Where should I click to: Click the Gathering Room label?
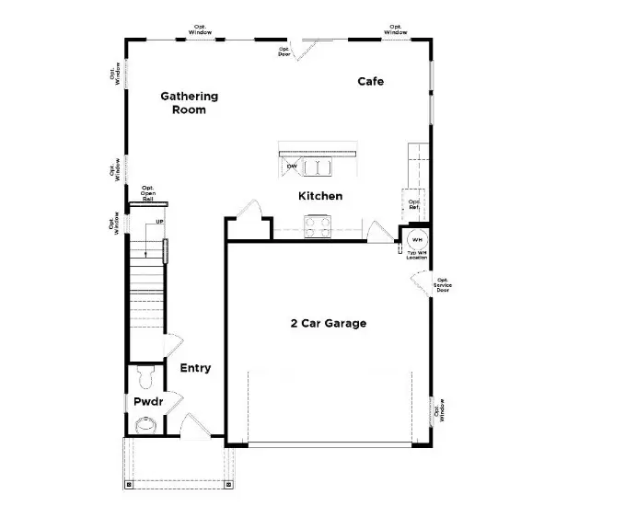click(x=189, y=102)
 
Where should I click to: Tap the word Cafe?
click(x=370, y=82)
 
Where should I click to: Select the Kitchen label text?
click(x=320, y=196)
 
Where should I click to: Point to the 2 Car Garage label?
click(x=329, y=323)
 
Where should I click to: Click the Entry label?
click(x=195, y=368)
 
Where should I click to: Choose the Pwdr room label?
click(x=147, y=402)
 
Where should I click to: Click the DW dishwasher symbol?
click(x=291, y=167)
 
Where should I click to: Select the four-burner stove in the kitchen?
click(x=318, y=225)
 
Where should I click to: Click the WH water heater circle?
click(x=416, y=239)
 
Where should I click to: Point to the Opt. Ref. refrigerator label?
click(x=414, y=204)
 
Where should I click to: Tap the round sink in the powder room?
click(x=145, y=424)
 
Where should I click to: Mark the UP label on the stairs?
click(x=159, y=223)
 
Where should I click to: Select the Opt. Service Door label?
click(x=443, y=285)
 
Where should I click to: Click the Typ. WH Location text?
click(x=417, y=254)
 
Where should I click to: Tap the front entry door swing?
click(x=194, y=425)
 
